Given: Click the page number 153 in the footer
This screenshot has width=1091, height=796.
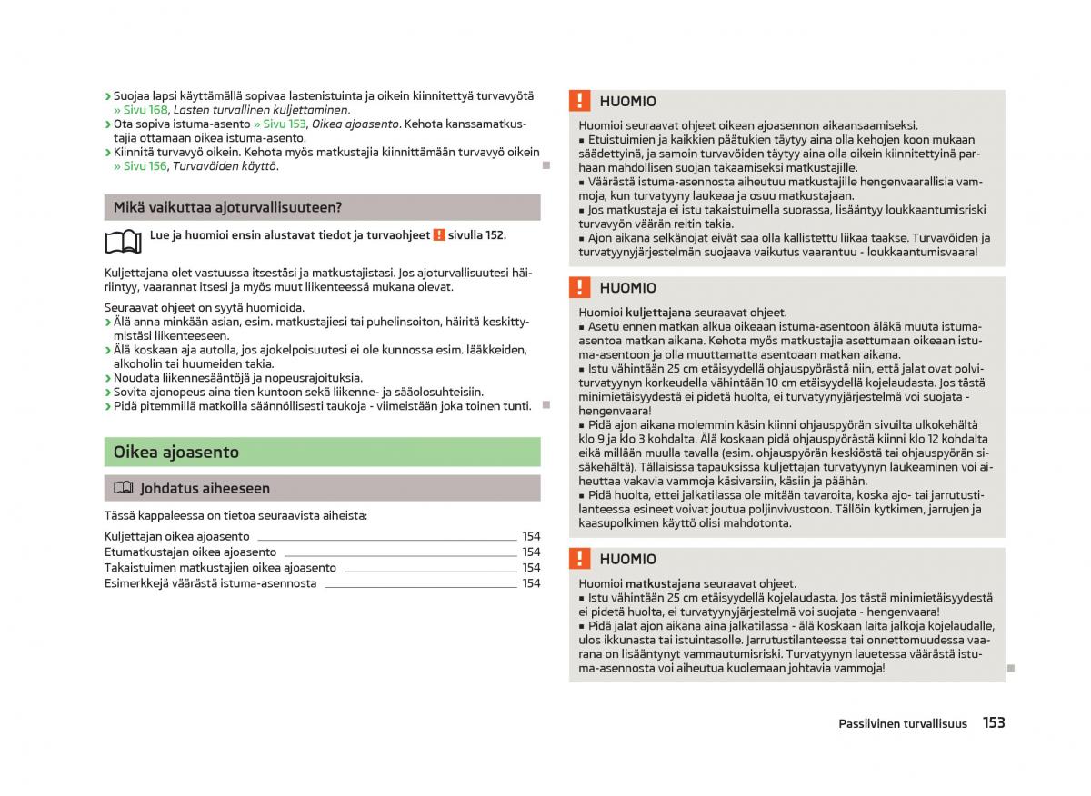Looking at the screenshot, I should click(x=993, y=723).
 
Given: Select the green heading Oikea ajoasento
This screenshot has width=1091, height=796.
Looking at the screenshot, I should click(x=176, y=452).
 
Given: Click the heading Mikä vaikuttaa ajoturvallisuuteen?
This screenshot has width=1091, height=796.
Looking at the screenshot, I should click(x=227, y=207).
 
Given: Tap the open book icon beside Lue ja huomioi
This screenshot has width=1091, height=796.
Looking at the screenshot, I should click(x=124, y=241).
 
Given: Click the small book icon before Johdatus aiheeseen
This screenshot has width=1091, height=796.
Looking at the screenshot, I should click(x=124, y=488).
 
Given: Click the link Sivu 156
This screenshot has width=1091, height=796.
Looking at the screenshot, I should click(x=141, y=166).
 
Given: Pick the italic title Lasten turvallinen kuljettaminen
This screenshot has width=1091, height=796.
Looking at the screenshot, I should click(x=261, y=110).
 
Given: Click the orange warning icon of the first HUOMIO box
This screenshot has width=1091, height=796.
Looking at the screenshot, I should click(x=580, y=101).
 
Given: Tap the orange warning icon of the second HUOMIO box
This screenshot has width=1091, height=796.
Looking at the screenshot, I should click(x=580, y=288).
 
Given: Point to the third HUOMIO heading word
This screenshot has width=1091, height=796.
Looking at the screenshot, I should click(x=627, y=559).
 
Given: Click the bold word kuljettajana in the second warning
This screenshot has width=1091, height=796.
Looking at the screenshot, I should click(x=658, y=313).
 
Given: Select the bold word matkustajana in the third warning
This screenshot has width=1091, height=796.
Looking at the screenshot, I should click(x=663, y=583).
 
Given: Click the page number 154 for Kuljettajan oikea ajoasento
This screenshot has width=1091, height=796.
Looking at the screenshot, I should click(x=531, y=536).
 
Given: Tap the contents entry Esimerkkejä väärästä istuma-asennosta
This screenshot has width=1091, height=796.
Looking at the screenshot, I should click(x=211, y=583).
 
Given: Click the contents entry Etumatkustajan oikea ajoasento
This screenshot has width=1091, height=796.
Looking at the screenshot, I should click(x=191, y=552).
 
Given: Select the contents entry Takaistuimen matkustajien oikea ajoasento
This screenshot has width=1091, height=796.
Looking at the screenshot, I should click(x=220, y=568).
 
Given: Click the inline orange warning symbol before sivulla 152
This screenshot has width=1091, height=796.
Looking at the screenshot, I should click(x=439, y=234).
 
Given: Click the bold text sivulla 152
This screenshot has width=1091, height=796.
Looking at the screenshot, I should click(x=476, y=234).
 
